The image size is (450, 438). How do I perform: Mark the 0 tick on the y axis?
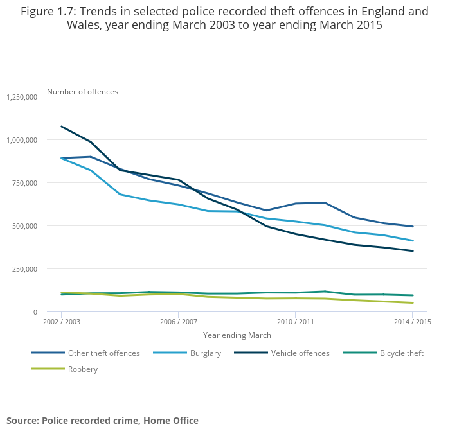(x=36, y=312)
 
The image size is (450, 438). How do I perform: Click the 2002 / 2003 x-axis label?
(x=61, y=322)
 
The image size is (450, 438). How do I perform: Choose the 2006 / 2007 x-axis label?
(x=178, y=322)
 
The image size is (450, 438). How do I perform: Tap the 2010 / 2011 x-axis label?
(x=295, y=322)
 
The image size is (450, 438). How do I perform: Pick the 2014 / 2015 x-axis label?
(x=412, y=322)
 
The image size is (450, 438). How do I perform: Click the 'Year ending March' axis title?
(x=237, y=335)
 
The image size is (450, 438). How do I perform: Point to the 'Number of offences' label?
(x=82, y=92)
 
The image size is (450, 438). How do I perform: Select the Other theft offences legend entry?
(x=104, y=353)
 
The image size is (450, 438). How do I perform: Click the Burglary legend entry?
(x=205, y=353)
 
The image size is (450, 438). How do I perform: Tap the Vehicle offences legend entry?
(x=300, y=353)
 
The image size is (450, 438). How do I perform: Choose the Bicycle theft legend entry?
(x=401, y=353)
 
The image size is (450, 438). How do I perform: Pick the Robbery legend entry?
(x=82, y=369)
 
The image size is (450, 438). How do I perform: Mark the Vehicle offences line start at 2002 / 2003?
(x=61, y=127)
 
